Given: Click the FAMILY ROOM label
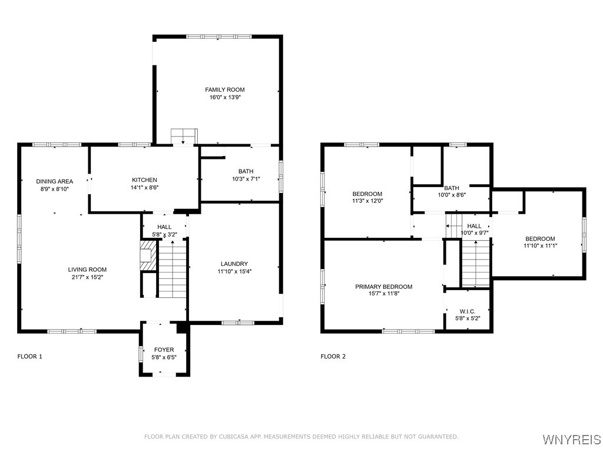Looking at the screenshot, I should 224,89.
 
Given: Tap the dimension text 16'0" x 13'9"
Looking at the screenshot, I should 224,98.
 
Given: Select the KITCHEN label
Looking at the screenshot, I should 144,180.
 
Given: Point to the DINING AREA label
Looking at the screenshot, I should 54,181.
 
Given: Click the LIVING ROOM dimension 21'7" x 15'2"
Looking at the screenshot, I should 87,277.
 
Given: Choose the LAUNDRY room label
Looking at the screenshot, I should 234,264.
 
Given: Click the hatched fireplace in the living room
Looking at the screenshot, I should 148,256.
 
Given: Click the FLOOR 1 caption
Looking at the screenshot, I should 29,357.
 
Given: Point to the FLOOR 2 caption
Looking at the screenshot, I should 333,357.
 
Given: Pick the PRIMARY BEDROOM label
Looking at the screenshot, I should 383,287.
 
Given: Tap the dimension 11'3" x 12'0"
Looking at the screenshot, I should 367,201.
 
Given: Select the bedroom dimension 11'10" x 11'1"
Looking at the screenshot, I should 539,247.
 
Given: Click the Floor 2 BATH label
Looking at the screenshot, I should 452,188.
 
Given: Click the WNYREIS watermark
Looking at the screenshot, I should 571,439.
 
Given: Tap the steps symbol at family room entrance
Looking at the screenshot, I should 184,136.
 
